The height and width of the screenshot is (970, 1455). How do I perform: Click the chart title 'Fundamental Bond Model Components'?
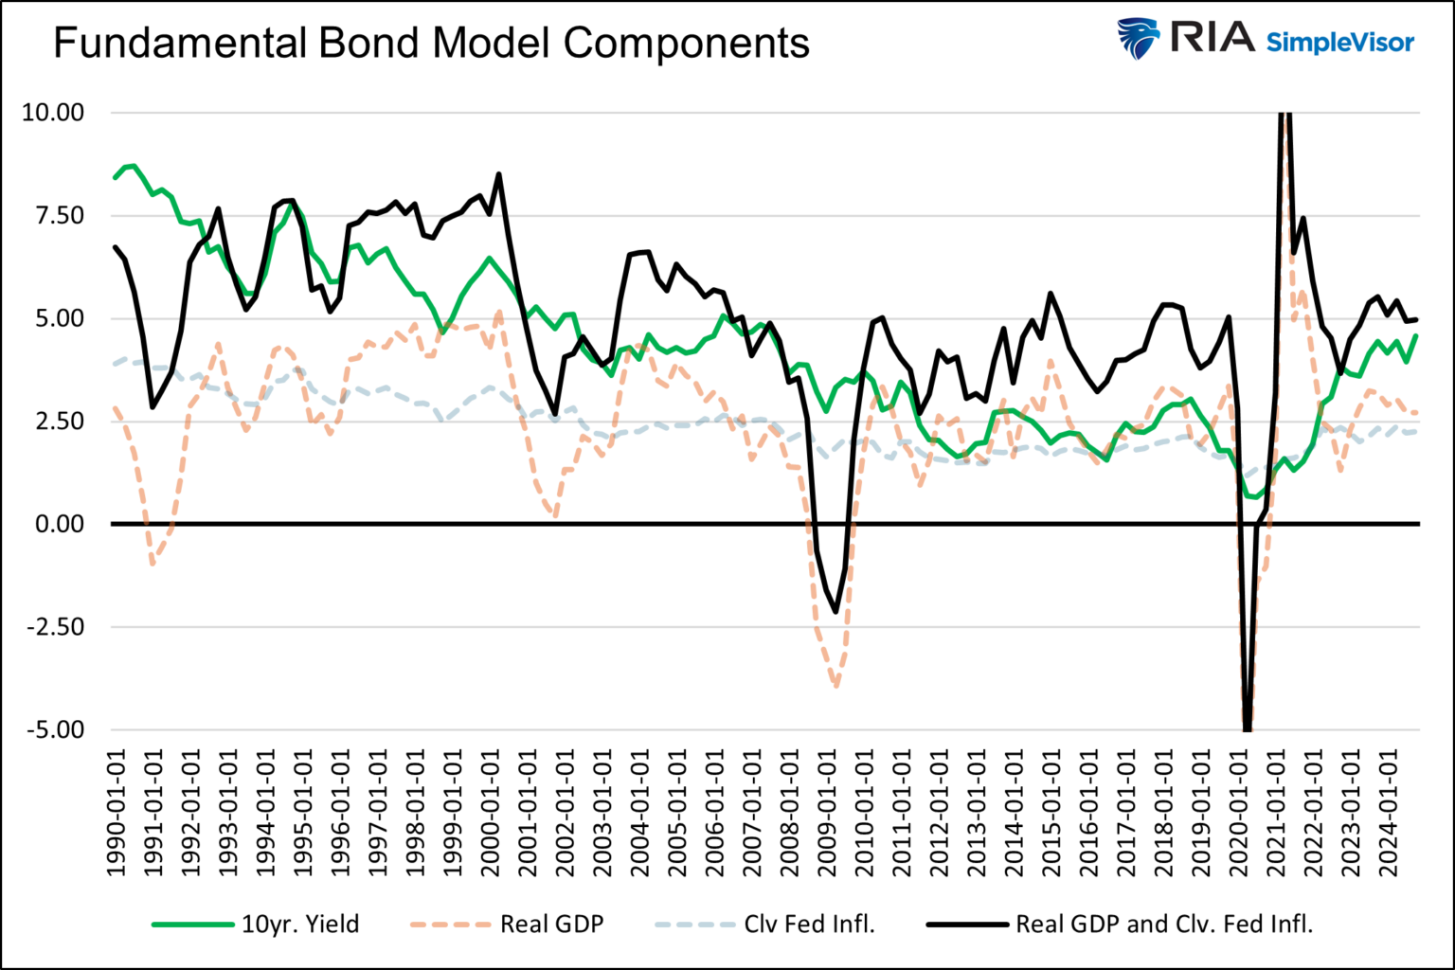(431, 44)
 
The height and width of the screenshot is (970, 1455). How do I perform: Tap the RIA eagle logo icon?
(1138, 39)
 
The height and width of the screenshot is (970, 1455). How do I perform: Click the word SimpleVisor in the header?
(1339, 42)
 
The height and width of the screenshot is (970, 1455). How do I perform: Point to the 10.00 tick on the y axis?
(53, 113)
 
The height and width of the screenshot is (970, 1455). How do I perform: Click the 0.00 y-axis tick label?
(59, 524)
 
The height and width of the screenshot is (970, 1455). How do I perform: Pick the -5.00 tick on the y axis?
(55, 730)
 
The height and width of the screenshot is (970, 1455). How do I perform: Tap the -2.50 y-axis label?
(55, 627)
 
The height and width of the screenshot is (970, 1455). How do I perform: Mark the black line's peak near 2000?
(499, 174)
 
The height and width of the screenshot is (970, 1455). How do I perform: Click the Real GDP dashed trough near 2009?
(836, 686)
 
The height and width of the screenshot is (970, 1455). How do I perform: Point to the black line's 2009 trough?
(835, 612)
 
